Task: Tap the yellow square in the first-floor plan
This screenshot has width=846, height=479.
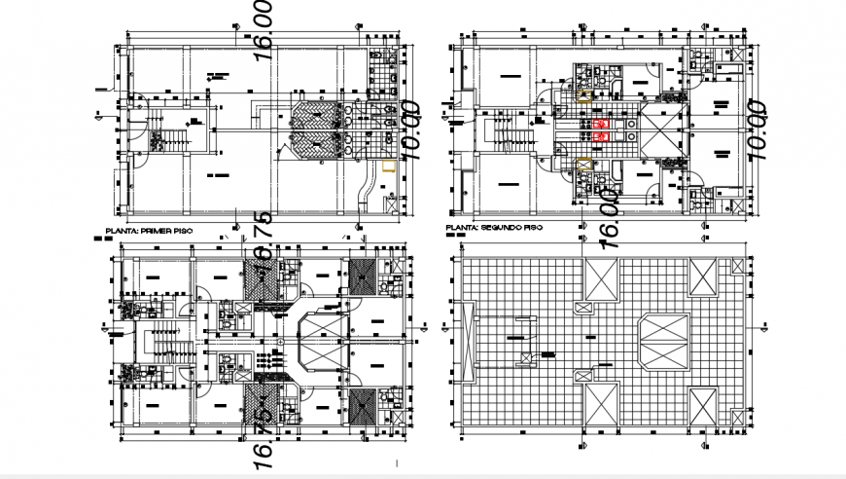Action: (x=388, y=166)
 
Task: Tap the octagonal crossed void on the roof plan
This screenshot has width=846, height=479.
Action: (x=662, y=342)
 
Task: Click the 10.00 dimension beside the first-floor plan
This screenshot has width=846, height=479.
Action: (x=409, y=129)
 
